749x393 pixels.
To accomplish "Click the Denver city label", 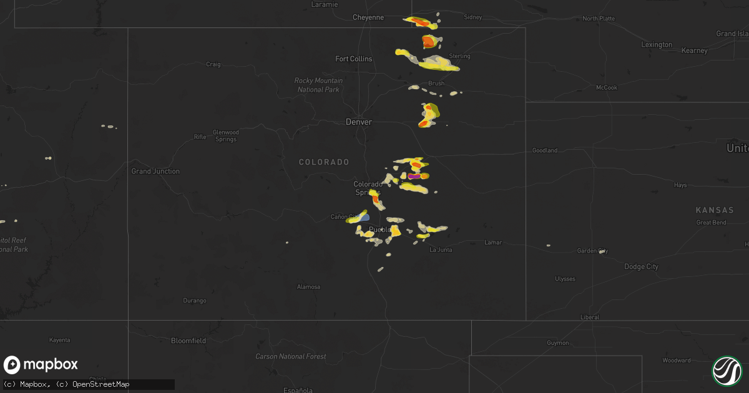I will click(359, 122).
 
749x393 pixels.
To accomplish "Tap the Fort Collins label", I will click(353, 59).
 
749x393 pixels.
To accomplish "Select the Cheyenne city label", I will click(368, 17).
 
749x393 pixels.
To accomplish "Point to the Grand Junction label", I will click(155, 171).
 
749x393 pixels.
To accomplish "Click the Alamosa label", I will click(308, 287).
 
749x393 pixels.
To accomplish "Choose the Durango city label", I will click(195, 301).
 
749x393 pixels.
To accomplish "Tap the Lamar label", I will click(494, 242).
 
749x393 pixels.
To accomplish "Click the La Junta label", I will click(441, 250).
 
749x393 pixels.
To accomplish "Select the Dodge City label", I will click(641, 266).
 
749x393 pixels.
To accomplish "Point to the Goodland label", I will click(544, 150).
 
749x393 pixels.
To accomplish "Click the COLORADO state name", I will click(324, 162).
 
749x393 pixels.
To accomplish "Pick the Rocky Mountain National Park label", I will click(318, 85).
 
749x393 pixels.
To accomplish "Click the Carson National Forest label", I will click(290, 356).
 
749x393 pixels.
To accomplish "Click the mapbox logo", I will click(41, 365).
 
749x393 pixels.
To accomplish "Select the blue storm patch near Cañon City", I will click(364, 218).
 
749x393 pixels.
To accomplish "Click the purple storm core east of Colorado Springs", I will click(414, 176).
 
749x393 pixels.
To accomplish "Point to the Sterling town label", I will click(460, 56).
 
